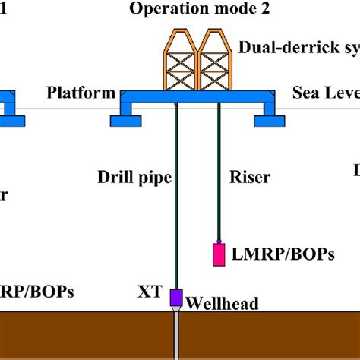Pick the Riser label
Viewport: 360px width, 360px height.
click(250, 177)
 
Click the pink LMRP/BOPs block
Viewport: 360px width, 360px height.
click(219, 254)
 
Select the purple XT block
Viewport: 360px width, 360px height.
click(176, 297)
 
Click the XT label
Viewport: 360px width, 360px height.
click(150, 291)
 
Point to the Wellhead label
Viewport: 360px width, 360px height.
click(223, 304)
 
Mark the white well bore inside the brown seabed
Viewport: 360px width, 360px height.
click(176, 338)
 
